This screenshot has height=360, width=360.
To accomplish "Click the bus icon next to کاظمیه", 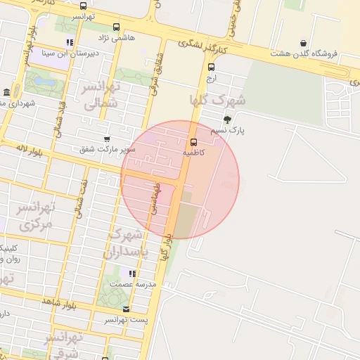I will click(x=193, y=141).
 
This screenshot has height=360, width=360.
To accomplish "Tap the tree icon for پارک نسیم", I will click(x=226, y=120).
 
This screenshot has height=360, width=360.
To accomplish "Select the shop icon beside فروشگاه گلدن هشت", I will click(x=303, y=43).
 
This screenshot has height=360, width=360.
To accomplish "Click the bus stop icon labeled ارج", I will click(x=211, y=67).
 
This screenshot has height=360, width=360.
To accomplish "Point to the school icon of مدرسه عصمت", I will click(x=131, y=273).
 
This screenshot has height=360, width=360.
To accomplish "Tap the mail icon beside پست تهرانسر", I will click(x=126, y=309).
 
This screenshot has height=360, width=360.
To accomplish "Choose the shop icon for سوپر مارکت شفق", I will click(x=107, y=139).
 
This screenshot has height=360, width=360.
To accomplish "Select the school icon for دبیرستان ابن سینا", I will click(x=69, y=43).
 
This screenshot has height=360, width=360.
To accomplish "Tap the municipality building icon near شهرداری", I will click(x=6, y=93).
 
